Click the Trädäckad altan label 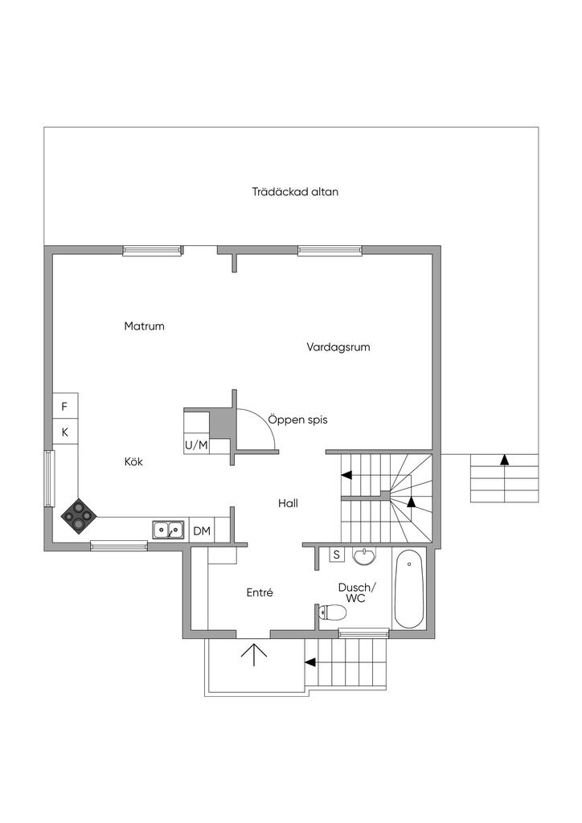pyautogui.click(x=295, y=192)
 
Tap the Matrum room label pyautogui.click(x=145, y=326)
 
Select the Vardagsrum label pyautogui.click(x=338, y=347)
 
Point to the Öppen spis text pyautogui.click(x=297, y=420)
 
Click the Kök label pyautogui.click(x=133, y=462)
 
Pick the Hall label pyautogui.click(x=289, y=503)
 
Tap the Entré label pyautogui.click(x=260, y=592)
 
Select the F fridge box pyautogui.click(x=65, y=407)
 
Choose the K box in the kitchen pyautogui.click(x=65, y=432)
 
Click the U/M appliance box pyautogui.click(x=196, y=444)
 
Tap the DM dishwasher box pyautogui.click(x=202, y=530)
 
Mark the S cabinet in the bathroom pyautogui.click(x=337, y=555)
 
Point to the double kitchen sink pyautogui.click(x=168, y=530)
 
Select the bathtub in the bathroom pyautogui.click(x=410, y=589)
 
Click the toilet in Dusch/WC pyautogui.click(x=332, y=614)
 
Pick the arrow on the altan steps pyautogui.click(x=504, y=460)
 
